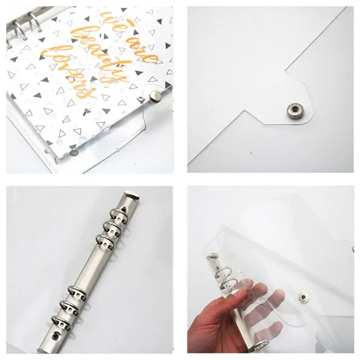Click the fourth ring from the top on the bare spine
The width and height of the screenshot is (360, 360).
point(76,290)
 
